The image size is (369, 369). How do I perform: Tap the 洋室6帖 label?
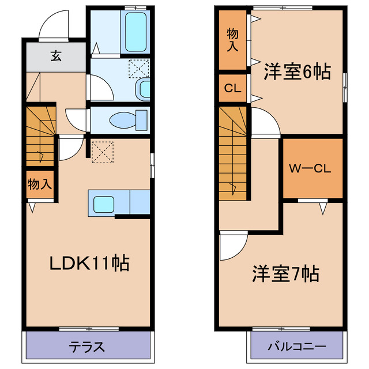pos(297,72)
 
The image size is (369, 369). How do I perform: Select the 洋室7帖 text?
pos(285,273)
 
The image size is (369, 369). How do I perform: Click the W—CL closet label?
pos(309,170)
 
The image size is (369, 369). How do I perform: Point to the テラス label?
pos(87,347)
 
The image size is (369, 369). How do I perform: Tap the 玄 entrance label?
pos(55,56)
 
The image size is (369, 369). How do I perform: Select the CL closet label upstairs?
pos(232,89)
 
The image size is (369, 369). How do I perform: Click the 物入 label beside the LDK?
pos(39,184)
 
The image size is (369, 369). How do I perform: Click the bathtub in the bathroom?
pos(135,27)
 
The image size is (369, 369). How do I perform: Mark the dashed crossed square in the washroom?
pos(138,68)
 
